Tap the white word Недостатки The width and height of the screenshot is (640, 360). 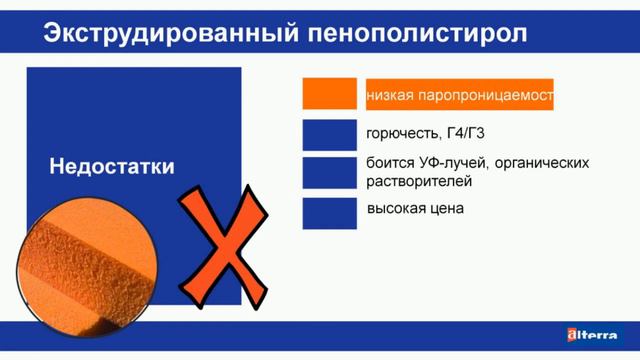111,166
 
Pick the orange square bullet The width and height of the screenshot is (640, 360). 330,94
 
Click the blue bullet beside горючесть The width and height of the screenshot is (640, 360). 330,135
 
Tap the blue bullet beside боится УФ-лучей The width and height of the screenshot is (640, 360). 330,172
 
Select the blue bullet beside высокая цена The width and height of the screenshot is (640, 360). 330,210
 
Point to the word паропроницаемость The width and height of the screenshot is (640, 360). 484,95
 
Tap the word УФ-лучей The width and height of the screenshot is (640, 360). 446,163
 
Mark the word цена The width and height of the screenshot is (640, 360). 449,209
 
